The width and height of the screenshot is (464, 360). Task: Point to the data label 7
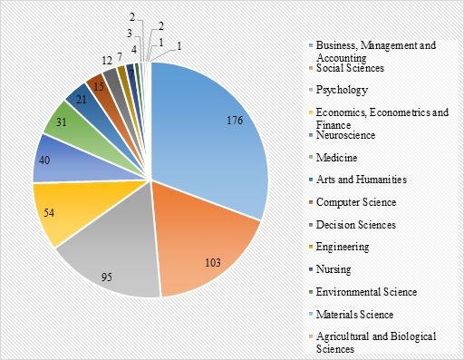(x=120, y=58)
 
